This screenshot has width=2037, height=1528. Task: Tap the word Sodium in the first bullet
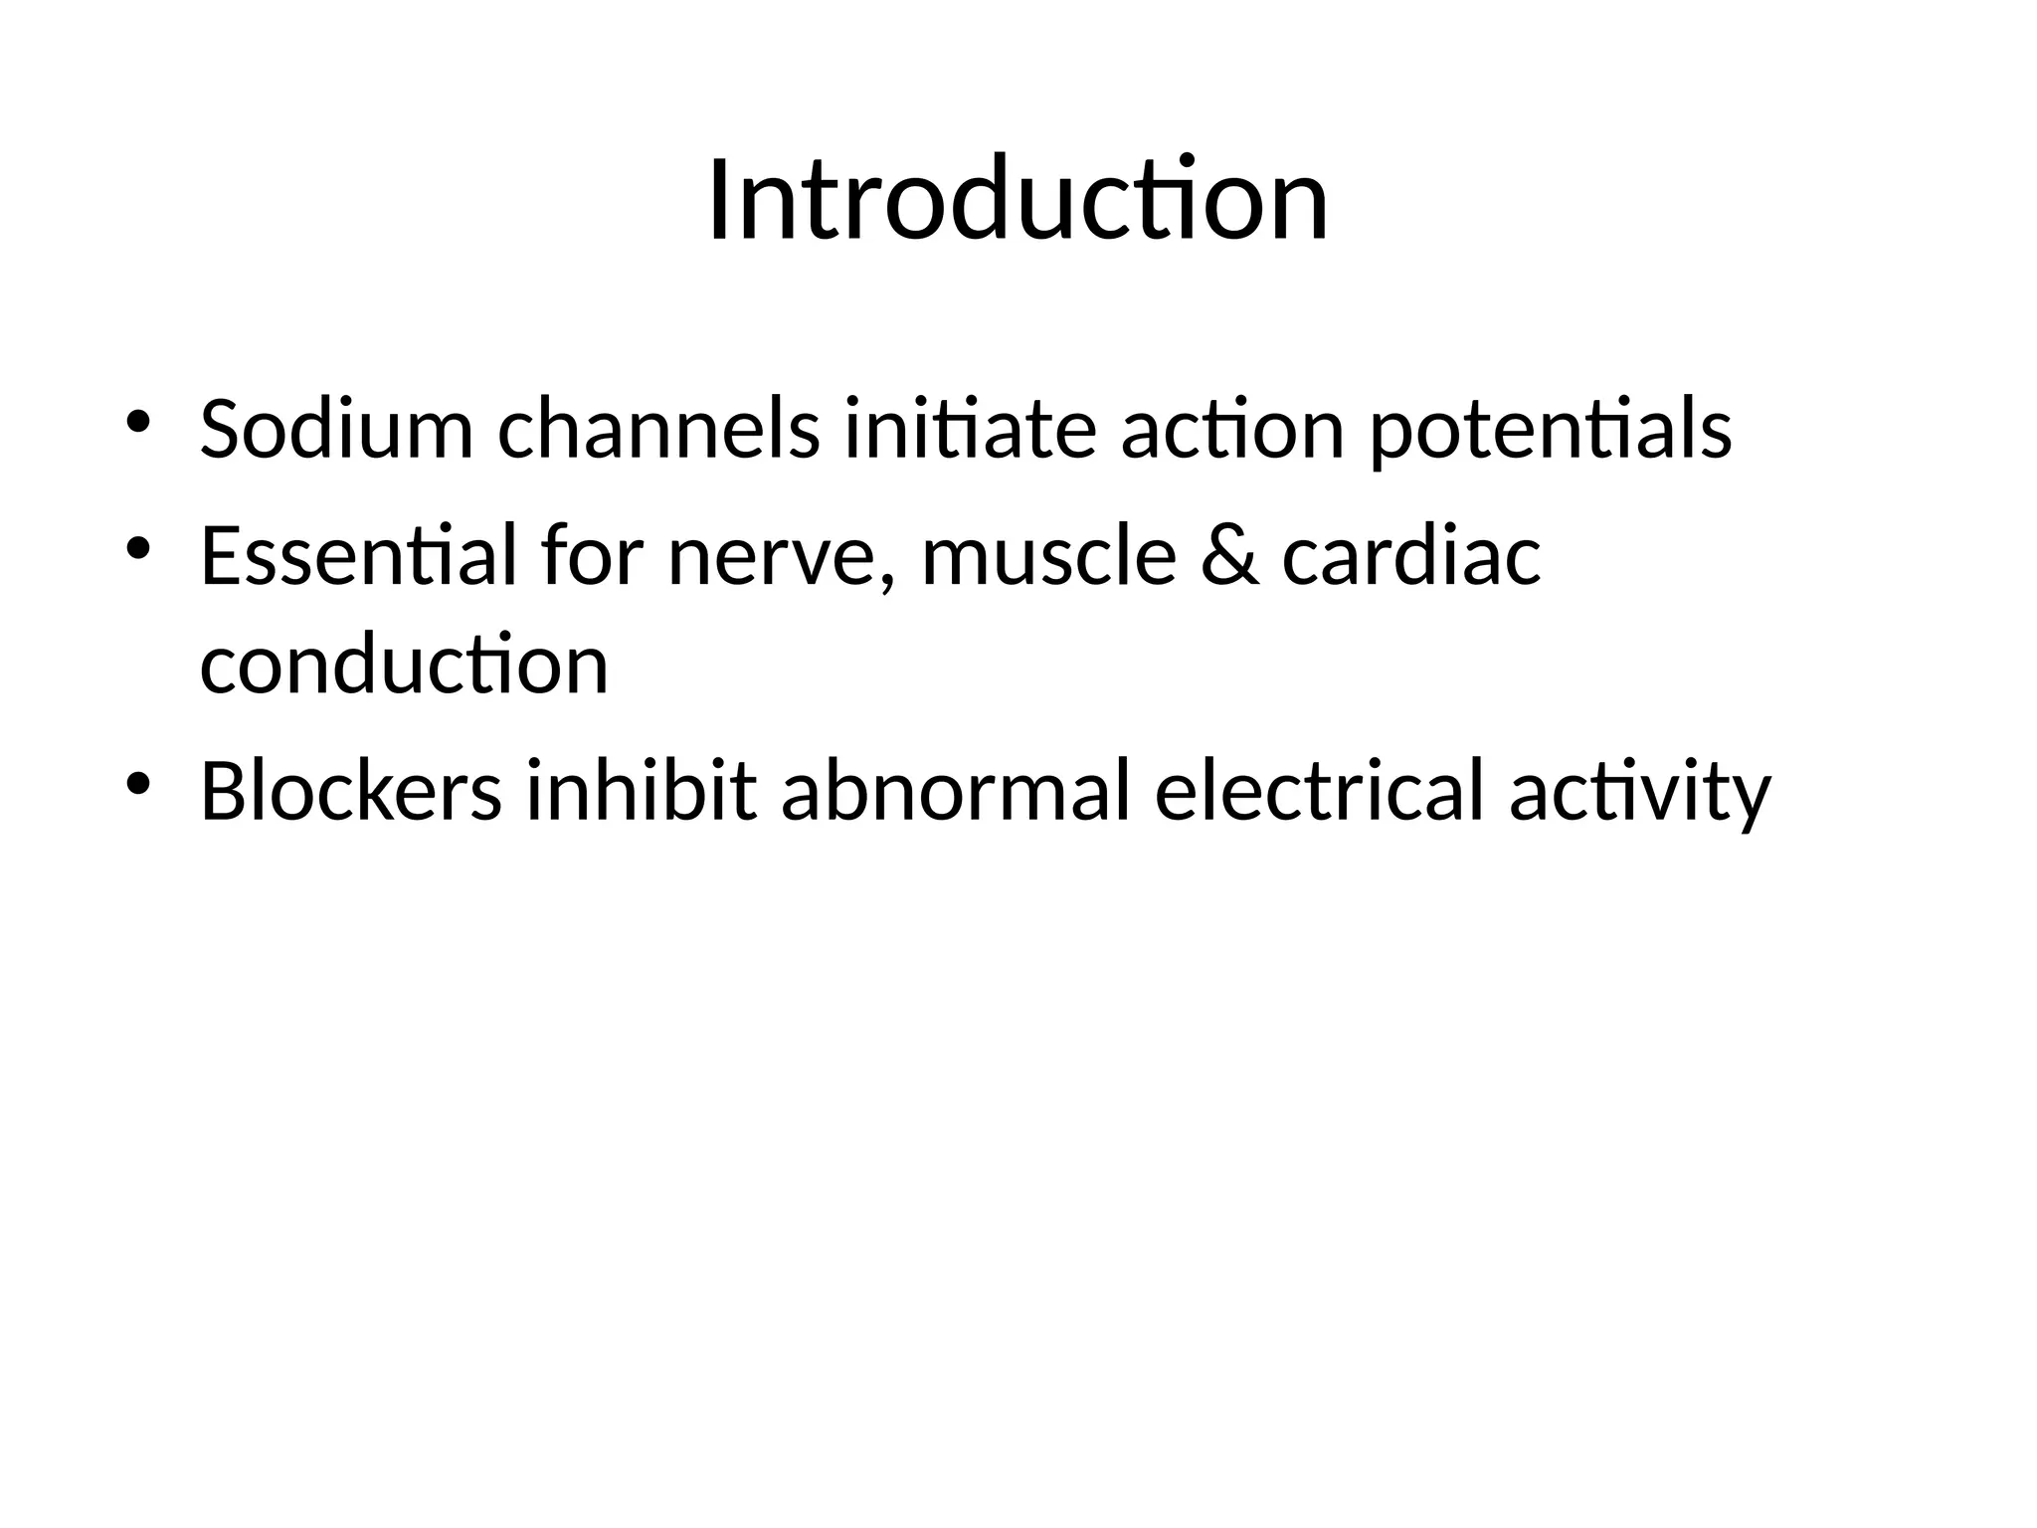[x=336, y=430]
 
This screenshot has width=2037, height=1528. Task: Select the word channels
[x=658, y=430]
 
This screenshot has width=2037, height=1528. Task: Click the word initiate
[x=970, y=430]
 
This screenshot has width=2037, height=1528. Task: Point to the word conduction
[x=404, y=665]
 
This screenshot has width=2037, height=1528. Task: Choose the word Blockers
[x=350, y=791]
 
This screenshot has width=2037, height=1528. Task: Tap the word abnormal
[x=956, y=791]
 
